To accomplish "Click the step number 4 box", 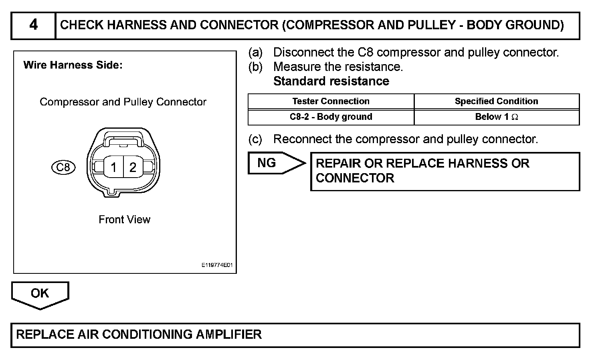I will pyautogui.click(x=33, y=25).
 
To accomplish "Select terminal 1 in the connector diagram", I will pyautogui.click(x=114, y=167).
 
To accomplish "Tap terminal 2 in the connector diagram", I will pyautogui.click(x=133, y=167).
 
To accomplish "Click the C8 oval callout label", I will pyautogui.click(x=63, y=167).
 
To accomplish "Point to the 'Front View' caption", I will pyautogui.click(x=124, y=219).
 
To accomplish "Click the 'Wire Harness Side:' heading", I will pyautogui.click(x=73, y=65).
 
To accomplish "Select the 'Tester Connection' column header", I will pyautogui.click(x=331, y=101).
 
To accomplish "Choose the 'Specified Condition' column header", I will pyautogui.click(x=496, y=101).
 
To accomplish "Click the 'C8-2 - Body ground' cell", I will pyautogui.click(x=331, y=117).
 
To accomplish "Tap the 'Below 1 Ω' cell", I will pyautogui.click(x=496, y=117).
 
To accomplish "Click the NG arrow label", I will pyautogui.click(x=267, y=163).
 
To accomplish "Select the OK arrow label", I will pyautogui.click(x=40, y=293).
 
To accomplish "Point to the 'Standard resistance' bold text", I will pyautogui.click(x=331, y=81).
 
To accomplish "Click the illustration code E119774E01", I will pyautogui.click(x=217, y=265).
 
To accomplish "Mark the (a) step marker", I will pyautogui.click(x=255, y=53).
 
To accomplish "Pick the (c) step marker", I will pyautogui.click(x=255, y=140).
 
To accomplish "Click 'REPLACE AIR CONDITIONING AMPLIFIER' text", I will pyautogui.click(x=139, y=334).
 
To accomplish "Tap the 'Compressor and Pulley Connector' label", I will pyautogui.click(x=123, y=102).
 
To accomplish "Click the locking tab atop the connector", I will pyautogui.click(x=123, y=139).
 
